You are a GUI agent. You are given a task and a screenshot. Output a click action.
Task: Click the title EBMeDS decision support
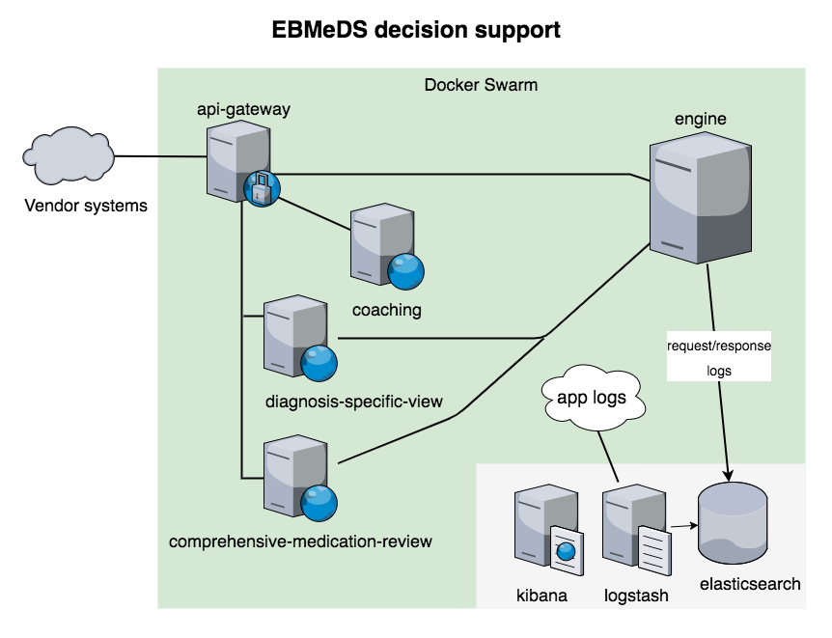[x=416, y=31]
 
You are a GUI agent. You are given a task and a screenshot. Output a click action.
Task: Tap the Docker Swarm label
[x=481, y=85]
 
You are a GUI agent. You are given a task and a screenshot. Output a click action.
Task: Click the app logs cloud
[x=592, y=397]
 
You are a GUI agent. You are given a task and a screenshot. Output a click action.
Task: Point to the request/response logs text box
[x=719, y=357]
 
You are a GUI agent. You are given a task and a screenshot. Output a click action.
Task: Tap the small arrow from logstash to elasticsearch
[x=684, y=526]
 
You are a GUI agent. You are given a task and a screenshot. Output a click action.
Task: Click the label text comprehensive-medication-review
[x=300, y=541]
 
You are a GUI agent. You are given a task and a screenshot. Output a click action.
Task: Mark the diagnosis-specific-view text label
[x=353, y=401]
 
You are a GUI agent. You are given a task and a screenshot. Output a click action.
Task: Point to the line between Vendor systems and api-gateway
[x=160, y=156]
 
